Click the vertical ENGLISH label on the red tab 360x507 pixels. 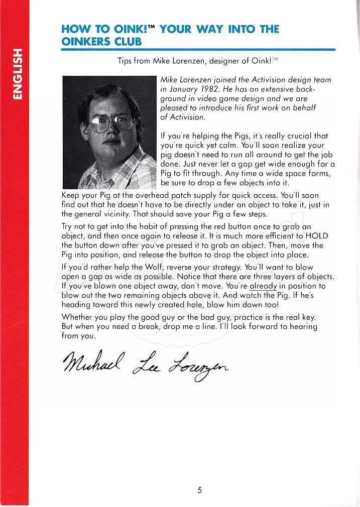pos(17,74)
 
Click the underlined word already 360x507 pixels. pos(264,286)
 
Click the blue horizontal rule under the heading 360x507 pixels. pos(198,50)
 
